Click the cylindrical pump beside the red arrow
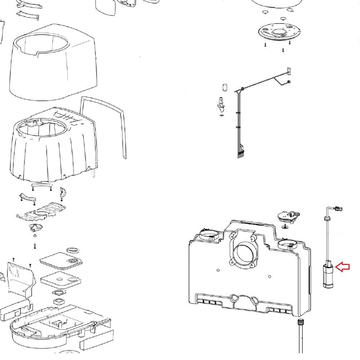(x=328, y=276)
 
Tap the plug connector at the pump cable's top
(x=338, y=208)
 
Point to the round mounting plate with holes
(x=279, y=33)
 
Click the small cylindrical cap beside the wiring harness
(x=225, y=87)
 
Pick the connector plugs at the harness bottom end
(x=240, y=154)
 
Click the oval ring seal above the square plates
(x=73, y=250)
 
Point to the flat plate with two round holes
(x=61, y=278)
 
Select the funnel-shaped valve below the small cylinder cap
(x=221, y=106)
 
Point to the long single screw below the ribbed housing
(x=35, y=246)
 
